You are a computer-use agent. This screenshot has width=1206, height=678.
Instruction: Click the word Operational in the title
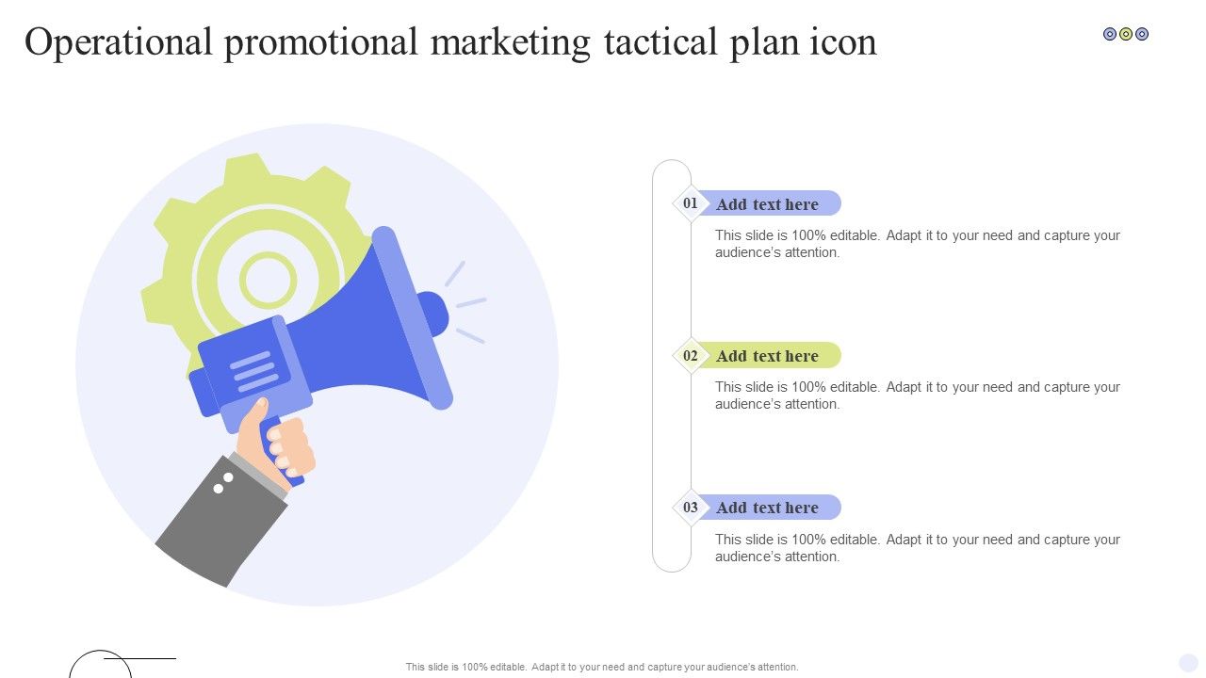coord(119,43)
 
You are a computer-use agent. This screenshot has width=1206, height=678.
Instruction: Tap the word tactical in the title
coord(660,42)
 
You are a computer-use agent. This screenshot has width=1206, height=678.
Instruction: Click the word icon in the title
coord(843,42)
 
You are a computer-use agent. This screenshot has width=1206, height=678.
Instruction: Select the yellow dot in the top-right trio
coord(1126,34)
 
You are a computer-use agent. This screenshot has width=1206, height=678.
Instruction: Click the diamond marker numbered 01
coord(691,203)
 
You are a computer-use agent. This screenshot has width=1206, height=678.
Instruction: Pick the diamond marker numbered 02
coord(691,356)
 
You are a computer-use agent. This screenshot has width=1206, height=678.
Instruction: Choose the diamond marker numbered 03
coord(691,508)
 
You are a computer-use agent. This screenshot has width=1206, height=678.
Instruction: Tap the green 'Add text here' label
coord(767,356)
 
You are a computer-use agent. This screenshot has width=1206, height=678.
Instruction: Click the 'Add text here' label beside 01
coord(767,204)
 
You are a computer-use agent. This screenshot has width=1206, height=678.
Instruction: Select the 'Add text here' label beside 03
coord(767,508)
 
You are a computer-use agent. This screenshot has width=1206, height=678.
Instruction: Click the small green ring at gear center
coord(268,254)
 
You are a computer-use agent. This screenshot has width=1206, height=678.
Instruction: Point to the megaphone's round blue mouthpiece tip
coord(437,315)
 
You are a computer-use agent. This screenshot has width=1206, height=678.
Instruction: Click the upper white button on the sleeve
coord(228,477)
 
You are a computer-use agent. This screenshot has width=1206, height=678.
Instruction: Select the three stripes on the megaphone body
coord(253,371)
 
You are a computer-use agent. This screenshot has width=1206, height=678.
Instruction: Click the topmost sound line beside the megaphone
coord(455,273)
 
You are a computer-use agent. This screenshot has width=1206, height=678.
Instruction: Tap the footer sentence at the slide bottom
coord(602,667)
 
